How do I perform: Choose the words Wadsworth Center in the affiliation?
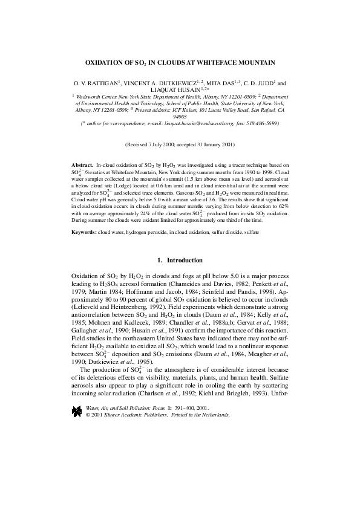[x=96, y=96]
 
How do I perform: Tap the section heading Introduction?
[x=185, y=261]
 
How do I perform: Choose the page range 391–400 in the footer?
[x=186, y=392]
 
